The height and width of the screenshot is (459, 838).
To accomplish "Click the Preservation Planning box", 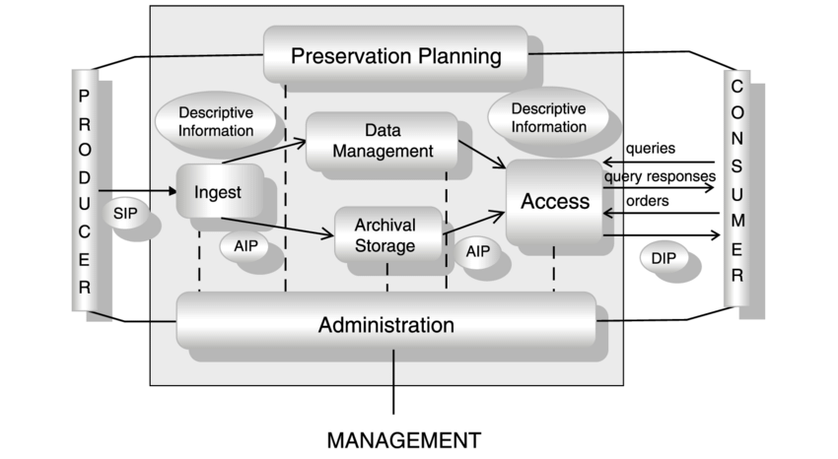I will click(395, 54).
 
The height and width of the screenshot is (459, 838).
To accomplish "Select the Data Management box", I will click(382, 142).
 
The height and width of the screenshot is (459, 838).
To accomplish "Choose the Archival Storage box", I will click(385, 233).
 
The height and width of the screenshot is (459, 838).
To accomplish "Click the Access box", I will click(554, 201).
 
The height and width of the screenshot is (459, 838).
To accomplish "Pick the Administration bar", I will click(385, 323).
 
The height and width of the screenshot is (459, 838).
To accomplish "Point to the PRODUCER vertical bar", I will click(85, 192).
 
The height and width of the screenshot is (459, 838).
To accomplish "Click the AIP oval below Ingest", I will click(245, 246).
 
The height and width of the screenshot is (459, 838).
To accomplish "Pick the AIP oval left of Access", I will click(478, 252).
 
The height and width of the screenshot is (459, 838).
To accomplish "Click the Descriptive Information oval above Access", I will click(548, 116).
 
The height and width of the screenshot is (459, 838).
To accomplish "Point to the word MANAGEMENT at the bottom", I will click(403, 438).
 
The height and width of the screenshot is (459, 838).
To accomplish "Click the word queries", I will click(651, 150).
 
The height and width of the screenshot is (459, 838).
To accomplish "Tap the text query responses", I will click(660, 176).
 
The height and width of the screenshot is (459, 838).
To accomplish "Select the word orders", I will click(648, 201).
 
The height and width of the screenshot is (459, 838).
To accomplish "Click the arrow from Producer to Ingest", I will click(136, 190).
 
